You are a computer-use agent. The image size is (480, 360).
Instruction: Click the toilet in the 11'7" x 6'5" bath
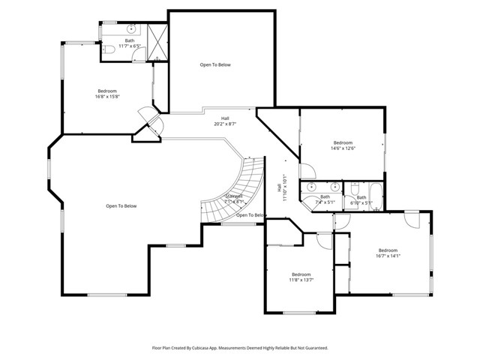point(109,49)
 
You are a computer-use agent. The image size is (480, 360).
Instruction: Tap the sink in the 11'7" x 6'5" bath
point(131,29)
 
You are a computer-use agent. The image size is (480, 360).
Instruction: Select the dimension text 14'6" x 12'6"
point(343,148)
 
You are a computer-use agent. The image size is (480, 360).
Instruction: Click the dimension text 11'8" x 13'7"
point(301,280)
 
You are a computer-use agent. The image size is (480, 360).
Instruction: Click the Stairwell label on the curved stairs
point(235,199)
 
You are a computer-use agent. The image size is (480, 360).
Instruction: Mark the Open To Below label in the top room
point(214,65)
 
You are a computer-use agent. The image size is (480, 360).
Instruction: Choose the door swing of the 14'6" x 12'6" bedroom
point(307,170)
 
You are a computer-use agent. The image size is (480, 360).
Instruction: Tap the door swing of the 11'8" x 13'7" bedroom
point(324,240)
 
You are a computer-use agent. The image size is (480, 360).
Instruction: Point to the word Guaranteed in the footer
point(313,348)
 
